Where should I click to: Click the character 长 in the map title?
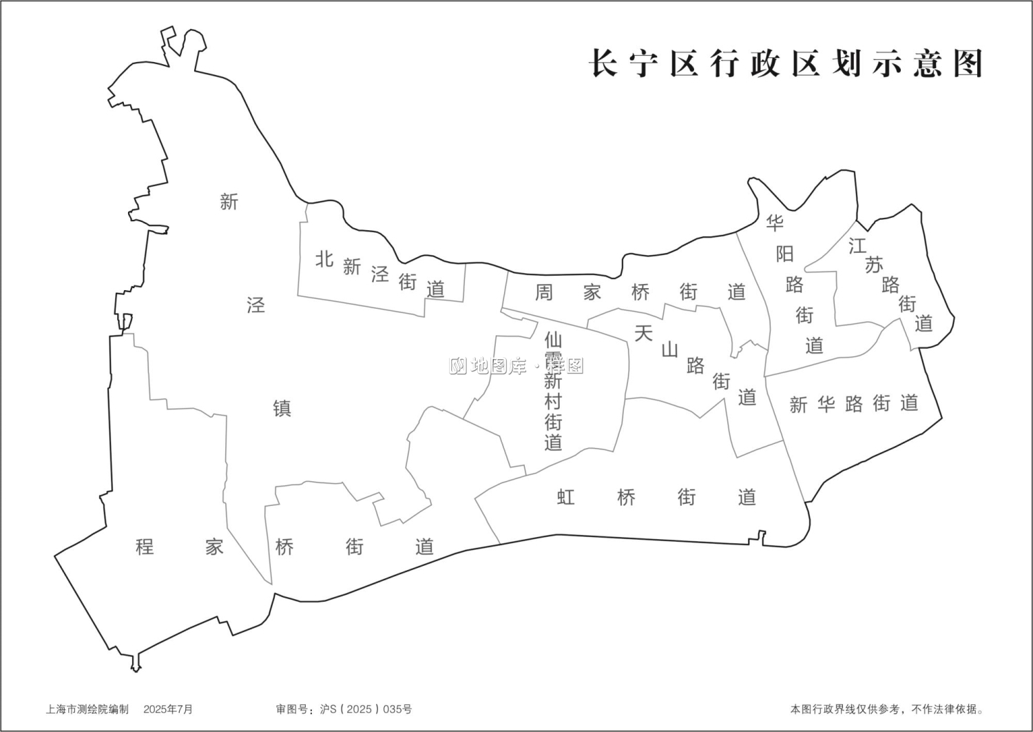click(604, 64)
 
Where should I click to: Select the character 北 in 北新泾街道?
click(324, 259)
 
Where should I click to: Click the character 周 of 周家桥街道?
click(544, 292)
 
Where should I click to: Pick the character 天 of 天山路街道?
click(643, 334)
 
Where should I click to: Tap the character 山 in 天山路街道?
click(669, 349)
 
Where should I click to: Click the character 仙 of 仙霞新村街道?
click(553, 340)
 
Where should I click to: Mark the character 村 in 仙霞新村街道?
click(553, 401)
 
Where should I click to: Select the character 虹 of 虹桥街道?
click(566, 497)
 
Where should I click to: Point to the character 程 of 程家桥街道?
click(145, 547)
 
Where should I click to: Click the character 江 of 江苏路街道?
click(857, 245)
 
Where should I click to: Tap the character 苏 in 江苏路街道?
click(874, 265)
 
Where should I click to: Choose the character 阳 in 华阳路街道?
click(785, 254)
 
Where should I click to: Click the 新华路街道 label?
click(854, 404)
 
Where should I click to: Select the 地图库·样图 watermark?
click(516, 366)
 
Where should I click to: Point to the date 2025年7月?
click(168, 709)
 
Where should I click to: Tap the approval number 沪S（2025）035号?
click(366, 709)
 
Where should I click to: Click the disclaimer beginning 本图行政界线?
click(887, 709)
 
